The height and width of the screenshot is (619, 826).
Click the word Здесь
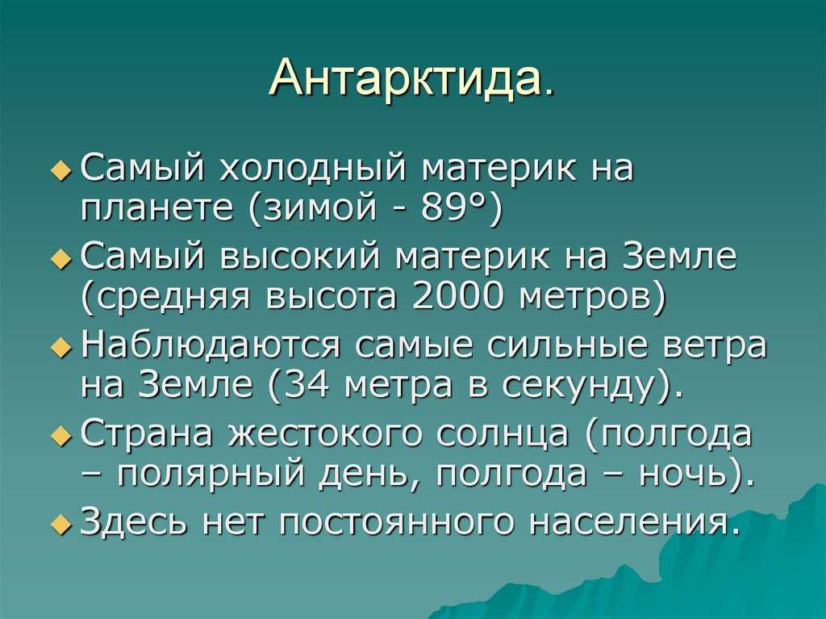133,521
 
